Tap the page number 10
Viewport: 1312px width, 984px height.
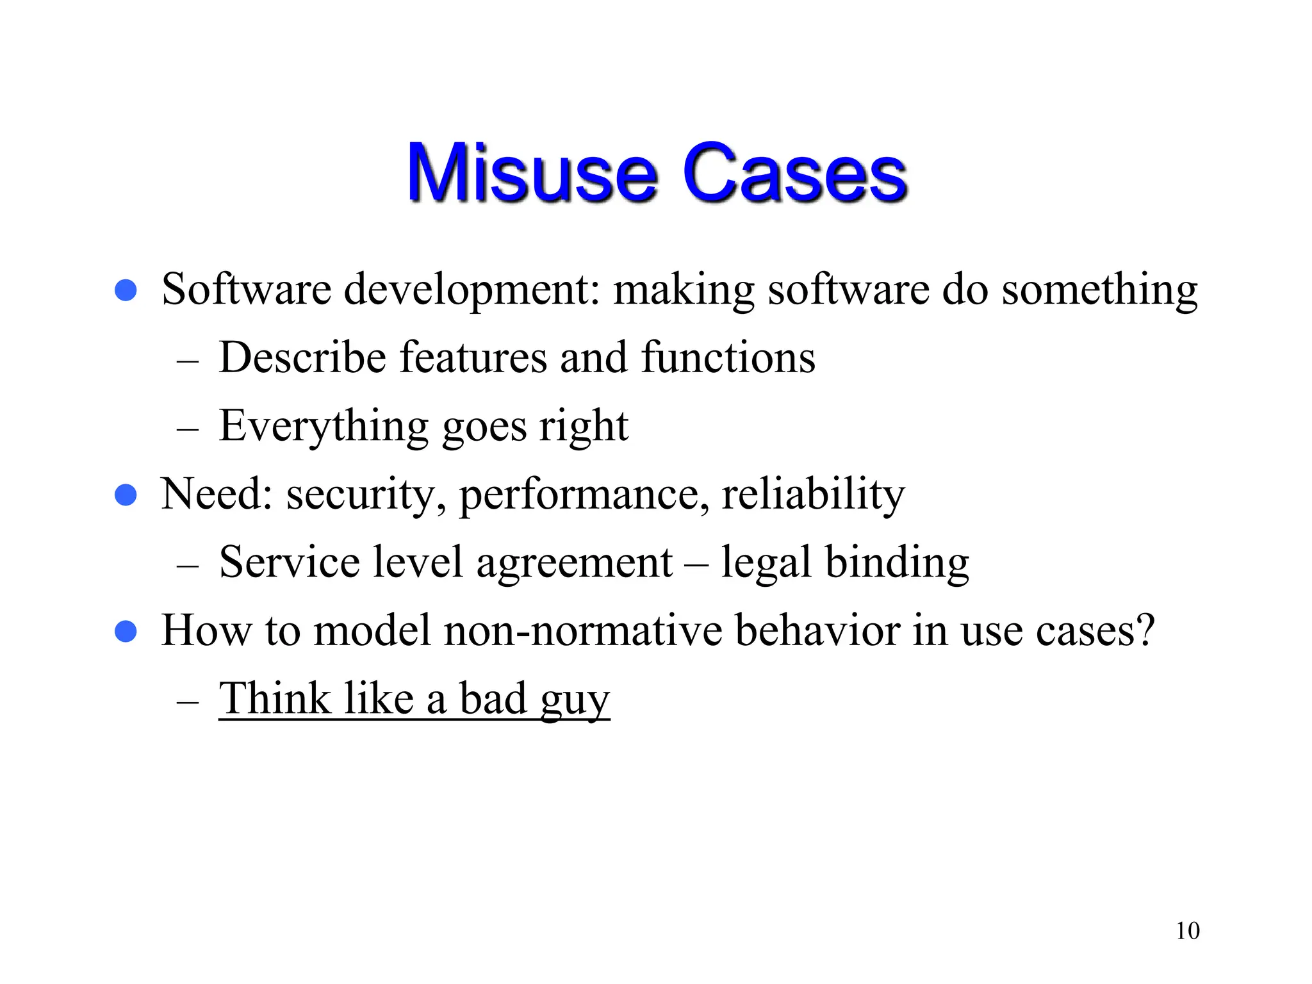pyautogui.click(x=1187, y=931)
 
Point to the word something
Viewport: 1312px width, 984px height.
pyautogui.click(x=1099, y=290)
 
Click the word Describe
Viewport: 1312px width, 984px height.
pyautogui.click(x=302, y=357)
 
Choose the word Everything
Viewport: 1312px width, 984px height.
pyautogui.click(x=324, y=427)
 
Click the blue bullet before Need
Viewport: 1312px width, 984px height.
pyautogui.click(x=126, y=495)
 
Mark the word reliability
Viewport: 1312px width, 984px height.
pyautogui.click(x=813, y=495)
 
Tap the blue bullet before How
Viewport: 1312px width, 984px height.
pyautogui.click(x=126, y=632)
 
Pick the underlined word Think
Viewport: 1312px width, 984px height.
pyautogui.click(x=275, y=698)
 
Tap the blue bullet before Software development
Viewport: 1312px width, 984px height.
pyautogui.click(x=126, y=290)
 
